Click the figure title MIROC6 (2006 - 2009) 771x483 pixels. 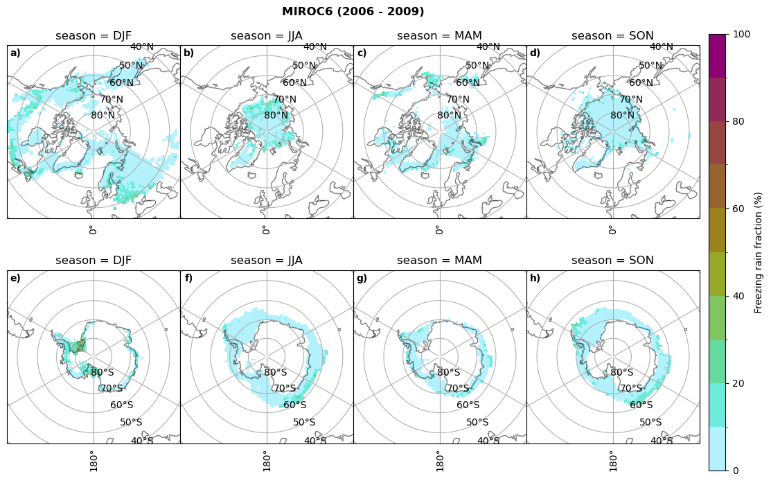(x=353, y=12)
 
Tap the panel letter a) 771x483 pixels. (x=15, y=53)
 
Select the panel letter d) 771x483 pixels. (x=535, y=53)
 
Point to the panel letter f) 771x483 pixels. (x=188, y=279)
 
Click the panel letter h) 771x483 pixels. (x=535, y=279)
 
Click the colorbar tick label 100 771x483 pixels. (x=742, y=35)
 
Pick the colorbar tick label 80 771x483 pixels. (x=739, y=122)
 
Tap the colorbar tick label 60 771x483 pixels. (x=739, y=209)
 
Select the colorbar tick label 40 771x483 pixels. (x=739, y=296)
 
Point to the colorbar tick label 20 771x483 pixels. (x=739, y=383)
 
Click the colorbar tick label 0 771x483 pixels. (x=736, y=471)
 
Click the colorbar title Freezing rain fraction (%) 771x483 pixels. (x=759, y=252)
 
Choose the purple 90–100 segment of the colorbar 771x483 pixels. (x=718, y=55)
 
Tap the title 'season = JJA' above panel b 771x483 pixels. (x=267, y=36)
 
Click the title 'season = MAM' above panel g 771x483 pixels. (x=439, y=261)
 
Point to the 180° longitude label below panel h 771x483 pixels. (x=612, y=460)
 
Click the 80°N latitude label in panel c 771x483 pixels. (x=449, y=116)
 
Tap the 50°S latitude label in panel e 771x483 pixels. (x=131, y=422)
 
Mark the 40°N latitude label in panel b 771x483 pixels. (x=315, y=47)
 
